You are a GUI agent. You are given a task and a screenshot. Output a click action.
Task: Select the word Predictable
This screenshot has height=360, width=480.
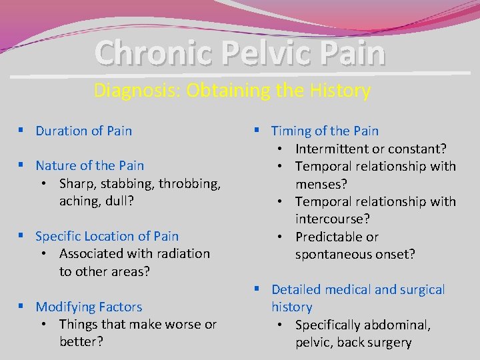(x=329, y=237)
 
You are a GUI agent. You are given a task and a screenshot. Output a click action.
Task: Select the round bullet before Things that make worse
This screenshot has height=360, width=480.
(x=43, y=325)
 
